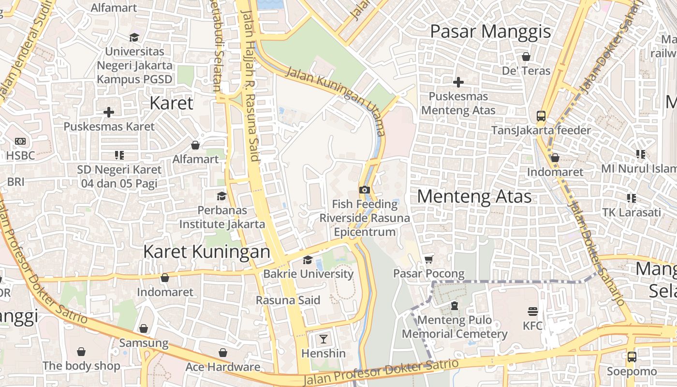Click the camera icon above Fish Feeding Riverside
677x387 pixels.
point(365,190)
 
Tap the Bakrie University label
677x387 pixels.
point(308,274)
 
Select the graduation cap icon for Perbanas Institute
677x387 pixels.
point(221,196)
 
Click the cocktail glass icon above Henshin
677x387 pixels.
point(324,339)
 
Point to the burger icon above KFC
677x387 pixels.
point(533,311)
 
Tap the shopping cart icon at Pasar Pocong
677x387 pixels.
point(428,260)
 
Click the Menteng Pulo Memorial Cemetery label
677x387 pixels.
point(455,327)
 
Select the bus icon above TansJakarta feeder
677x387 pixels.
point(541,116)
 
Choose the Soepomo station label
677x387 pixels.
point(632,372)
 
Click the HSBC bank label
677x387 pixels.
point(21,155)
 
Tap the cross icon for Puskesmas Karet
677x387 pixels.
point(109,112)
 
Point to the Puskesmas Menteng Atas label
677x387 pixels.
point(458,103)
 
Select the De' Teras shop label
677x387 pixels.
point(526,71)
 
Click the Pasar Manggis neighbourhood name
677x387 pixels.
point(490,31)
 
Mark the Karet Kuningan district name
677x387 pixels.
point(206,252)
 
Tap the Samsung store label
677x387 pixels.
point(144,343)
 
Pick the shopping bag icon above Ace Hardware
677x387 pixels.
point(223,353)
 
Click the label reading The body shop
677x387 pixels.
point(81,366)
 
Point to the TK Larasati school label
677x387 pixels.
point(631,212)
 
